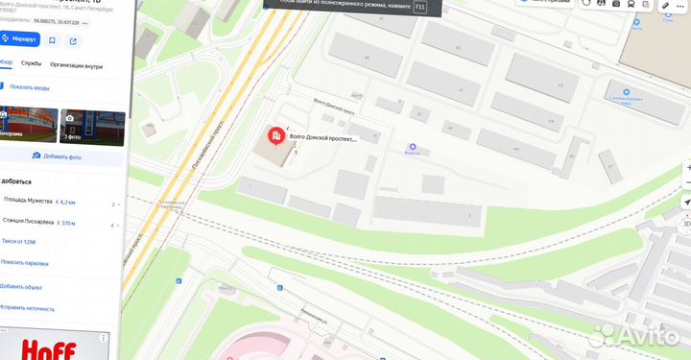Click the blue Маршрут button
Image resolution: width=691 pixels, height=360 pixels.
[x=20, y=39]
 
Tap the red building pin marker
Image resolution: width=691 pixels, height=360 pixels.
[x=275, y=138]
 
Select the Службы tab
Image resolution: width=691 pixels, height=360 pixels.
[x=31, y=65]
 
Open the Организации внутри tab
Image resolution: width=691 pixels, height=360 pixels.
[x=76, y=65]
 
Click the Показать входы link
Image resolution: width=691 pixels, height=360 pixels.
[x=29, y=87]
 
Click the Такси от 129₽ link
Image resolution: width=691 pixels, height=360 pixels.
[x=18, y=242]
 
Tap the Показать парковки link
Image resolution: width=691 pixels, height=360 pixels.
[x=24, y=262]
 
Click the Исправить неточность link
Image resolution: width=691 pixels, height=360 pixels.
[x=26, y=307]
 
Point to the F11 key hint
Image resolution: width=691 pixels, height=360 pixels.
[x=420, y=7]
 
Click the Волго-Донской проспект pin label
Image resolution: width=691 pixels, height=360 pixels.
[x=322, y=138]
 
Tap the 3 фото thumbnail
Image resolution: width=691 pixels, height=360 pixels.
[x=92, y=126]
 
